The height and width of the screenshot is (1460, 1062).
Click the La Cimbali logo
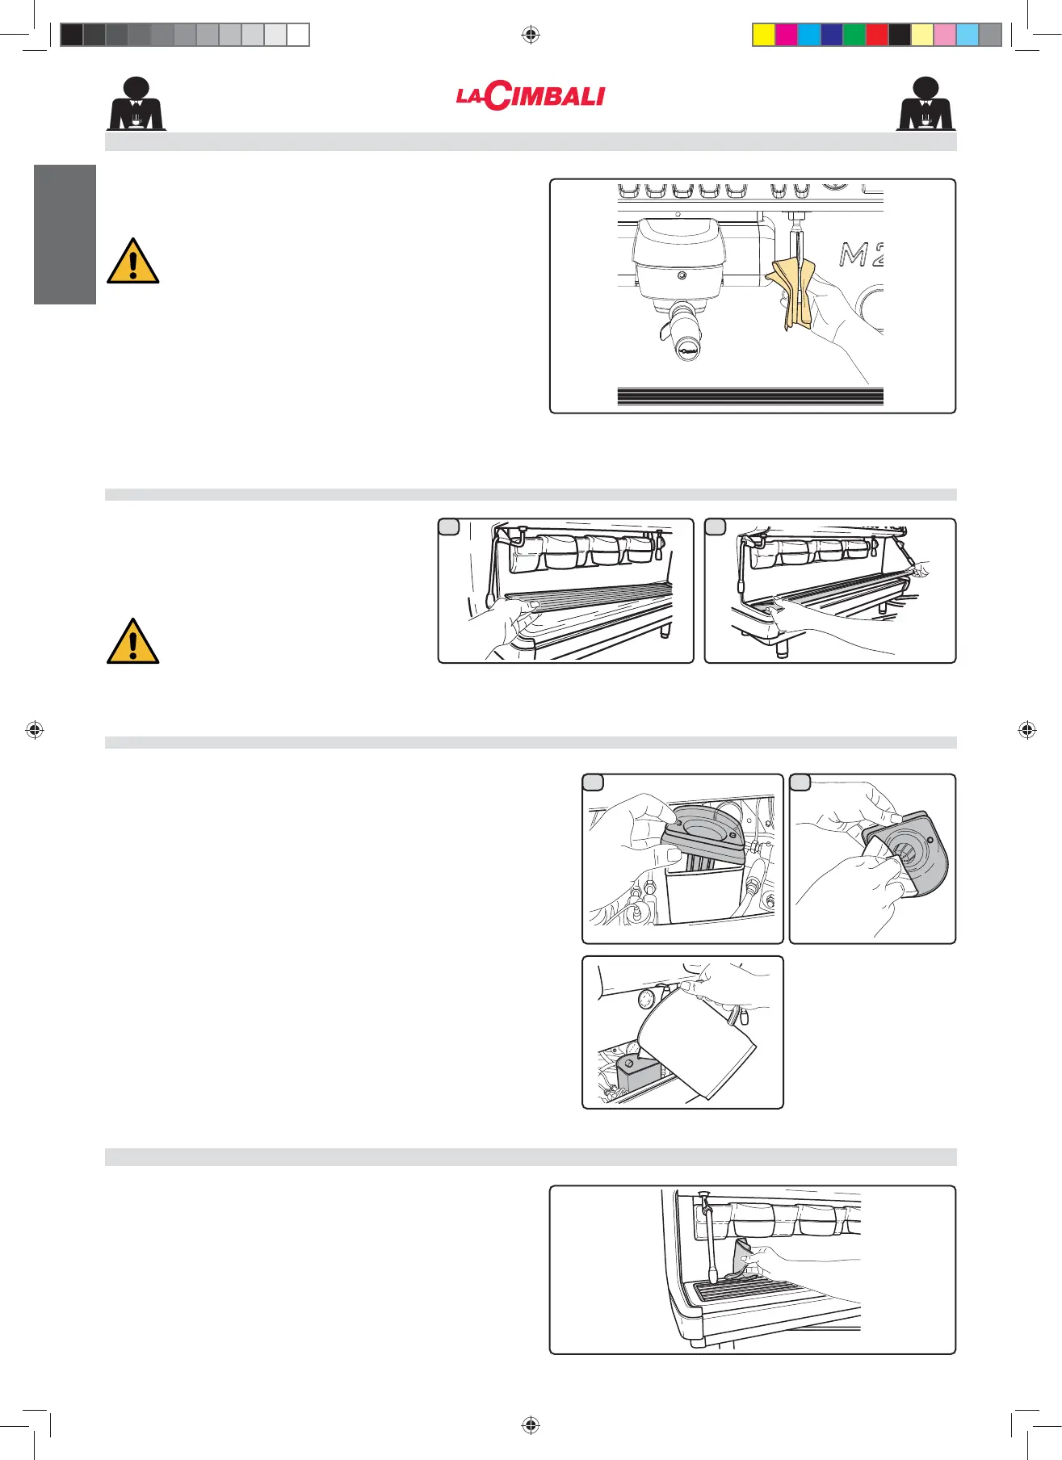tap(531, 96)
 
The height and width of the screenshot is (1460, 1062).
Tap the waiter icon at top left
tap(136, 104)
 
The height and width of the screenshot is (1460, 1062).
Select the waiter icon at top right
tap(926, 104)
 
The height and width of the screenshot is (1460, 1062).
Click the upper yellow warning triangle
tap(132, 262)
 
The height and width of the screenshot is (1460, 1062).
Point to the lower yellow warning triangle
tap(132, 642)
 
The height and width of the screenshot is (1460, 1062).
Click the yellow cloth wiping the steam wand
tap(790, 292)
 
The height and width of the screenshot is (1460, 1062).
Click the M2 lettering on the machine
tap(861, 255)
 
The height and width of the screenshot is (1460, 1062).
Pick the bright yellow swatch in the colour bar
tap(763, 35)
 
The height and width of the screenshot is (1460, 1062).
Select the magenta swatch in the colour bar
tap(786, 35)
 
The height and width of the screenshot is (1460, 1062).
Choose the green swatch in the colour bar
tap(854, 35)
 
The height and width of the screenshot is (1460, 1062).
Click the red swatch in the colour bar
tap(876, 35)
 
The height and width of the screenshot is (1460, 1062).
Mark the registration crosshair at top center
tap(531, 35)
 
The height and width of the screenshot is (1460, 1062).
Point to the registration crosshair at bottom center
tap(531, 1425)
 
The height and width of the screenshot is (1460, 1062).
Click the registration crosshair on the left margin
tap(35, 730)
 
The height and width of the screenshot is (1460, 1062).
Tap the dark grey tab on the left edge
tap(65, 234)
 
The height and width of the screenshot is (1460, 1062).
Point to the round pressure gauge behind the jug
tap(646, 1000)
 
